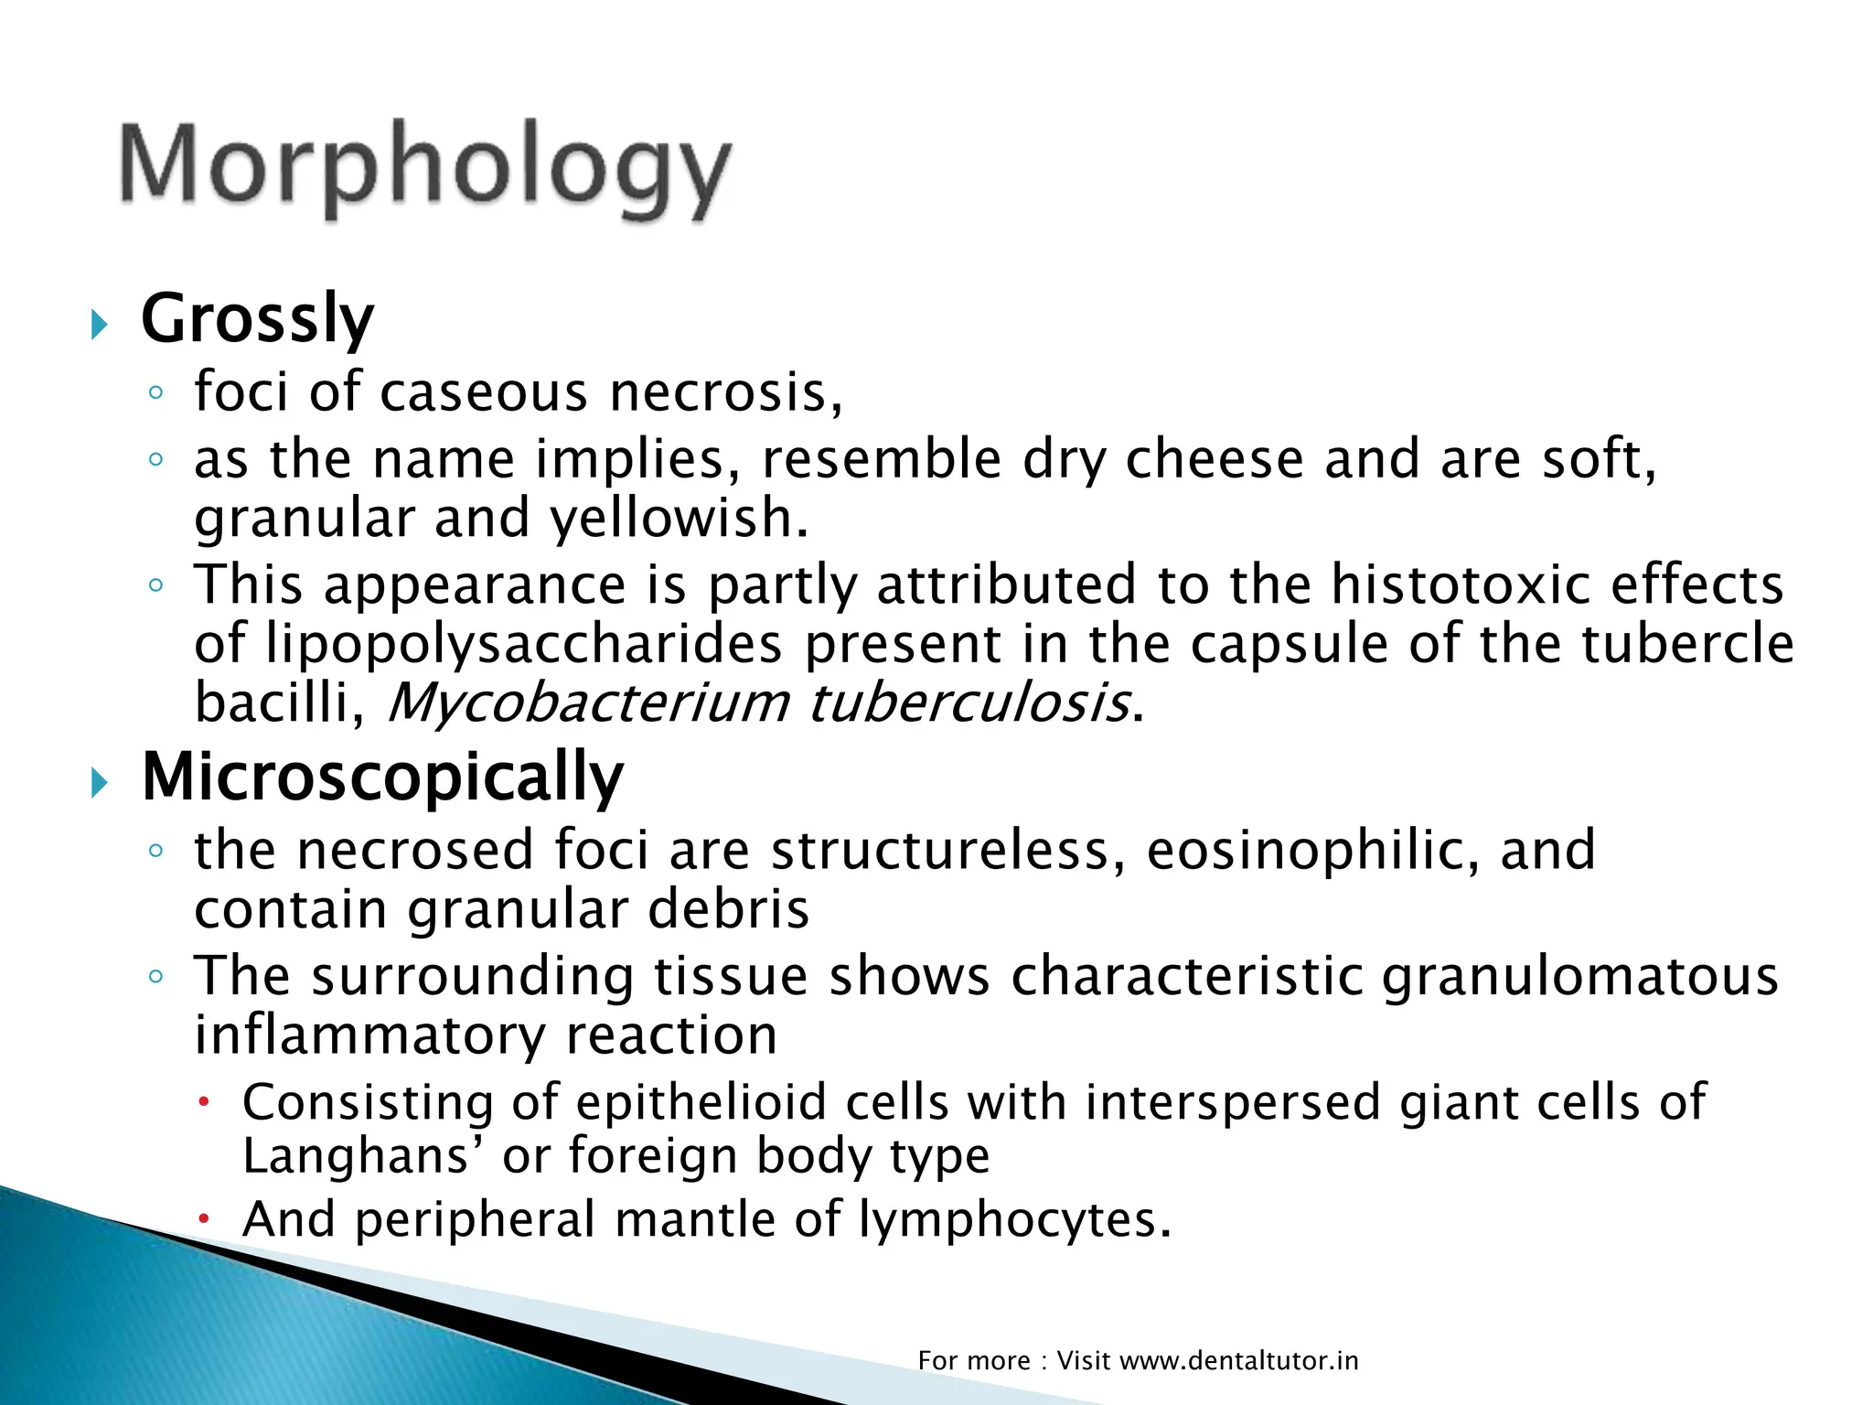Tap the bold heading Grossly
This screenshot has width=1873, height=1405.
[x=257, y=319]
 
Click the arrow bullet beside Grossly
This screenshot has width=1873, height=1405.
[x=100, y=325]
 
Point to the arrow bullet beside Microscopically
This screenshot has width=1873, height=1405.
[x=100, y=783]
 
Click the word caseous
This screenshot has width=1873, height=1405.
[x=483, y=392]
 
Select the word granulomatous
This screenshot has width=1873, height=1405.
[x=1579, y=976]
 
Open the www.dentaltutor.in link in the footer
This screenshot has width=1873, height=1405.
[x=1239, y=1361]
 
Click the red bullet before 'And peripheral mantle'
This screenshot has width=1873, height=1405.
[x=206, y=1220]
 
